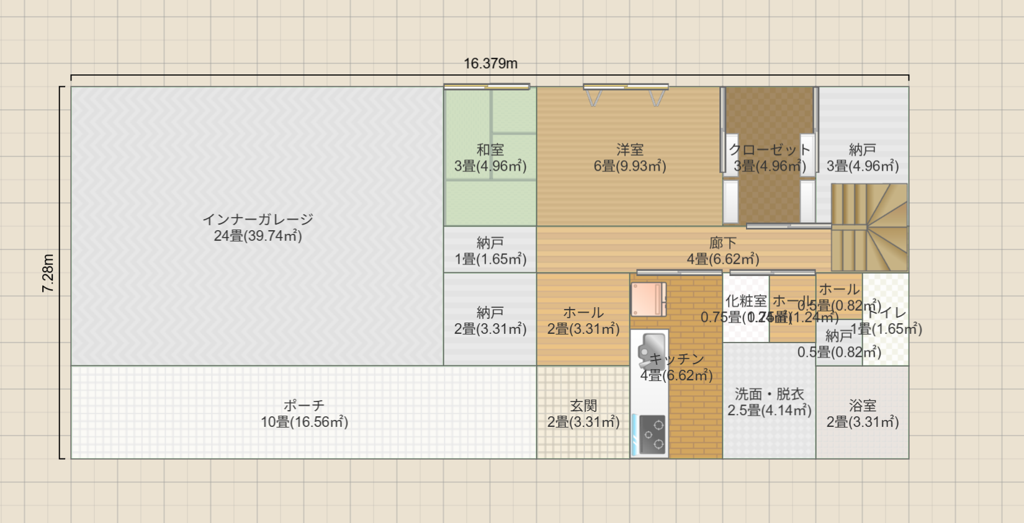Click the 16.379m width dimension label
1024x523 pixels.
tap(490, 63)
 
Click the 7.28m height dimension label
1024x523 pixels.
tap(48, 273)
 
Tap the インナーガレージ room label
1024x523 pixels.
tap(258, 220)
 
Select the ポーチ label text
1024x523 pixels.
tap(304, 406)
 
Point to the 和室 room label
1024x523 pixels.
tap(490, 150)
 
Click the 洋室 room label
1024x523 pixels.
tap(630, 150)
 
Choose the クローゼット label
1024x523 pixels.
tap(770, 150)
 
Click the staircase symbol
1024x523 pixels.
tap(869, 228)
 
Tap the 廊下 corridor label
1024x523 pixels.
tap(723, 243)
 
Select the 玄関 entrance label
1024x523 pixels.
tap(583, 406)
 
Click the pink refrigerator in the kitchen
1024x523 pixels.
tap(649, 300)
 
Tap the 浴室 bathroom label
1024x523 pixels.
tap(863, 406)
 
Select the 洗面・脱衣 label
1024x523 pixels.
tap(770, 395)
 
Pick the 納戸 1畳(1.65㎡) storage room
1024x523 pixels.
tap(490, 250)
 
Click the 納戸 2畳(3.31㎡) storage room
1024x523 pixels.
tap(490, 320)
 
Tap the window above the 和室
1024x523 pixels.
tap(487, 87)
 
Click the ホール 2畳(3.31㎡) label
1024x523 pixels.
tap(583, 313)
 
